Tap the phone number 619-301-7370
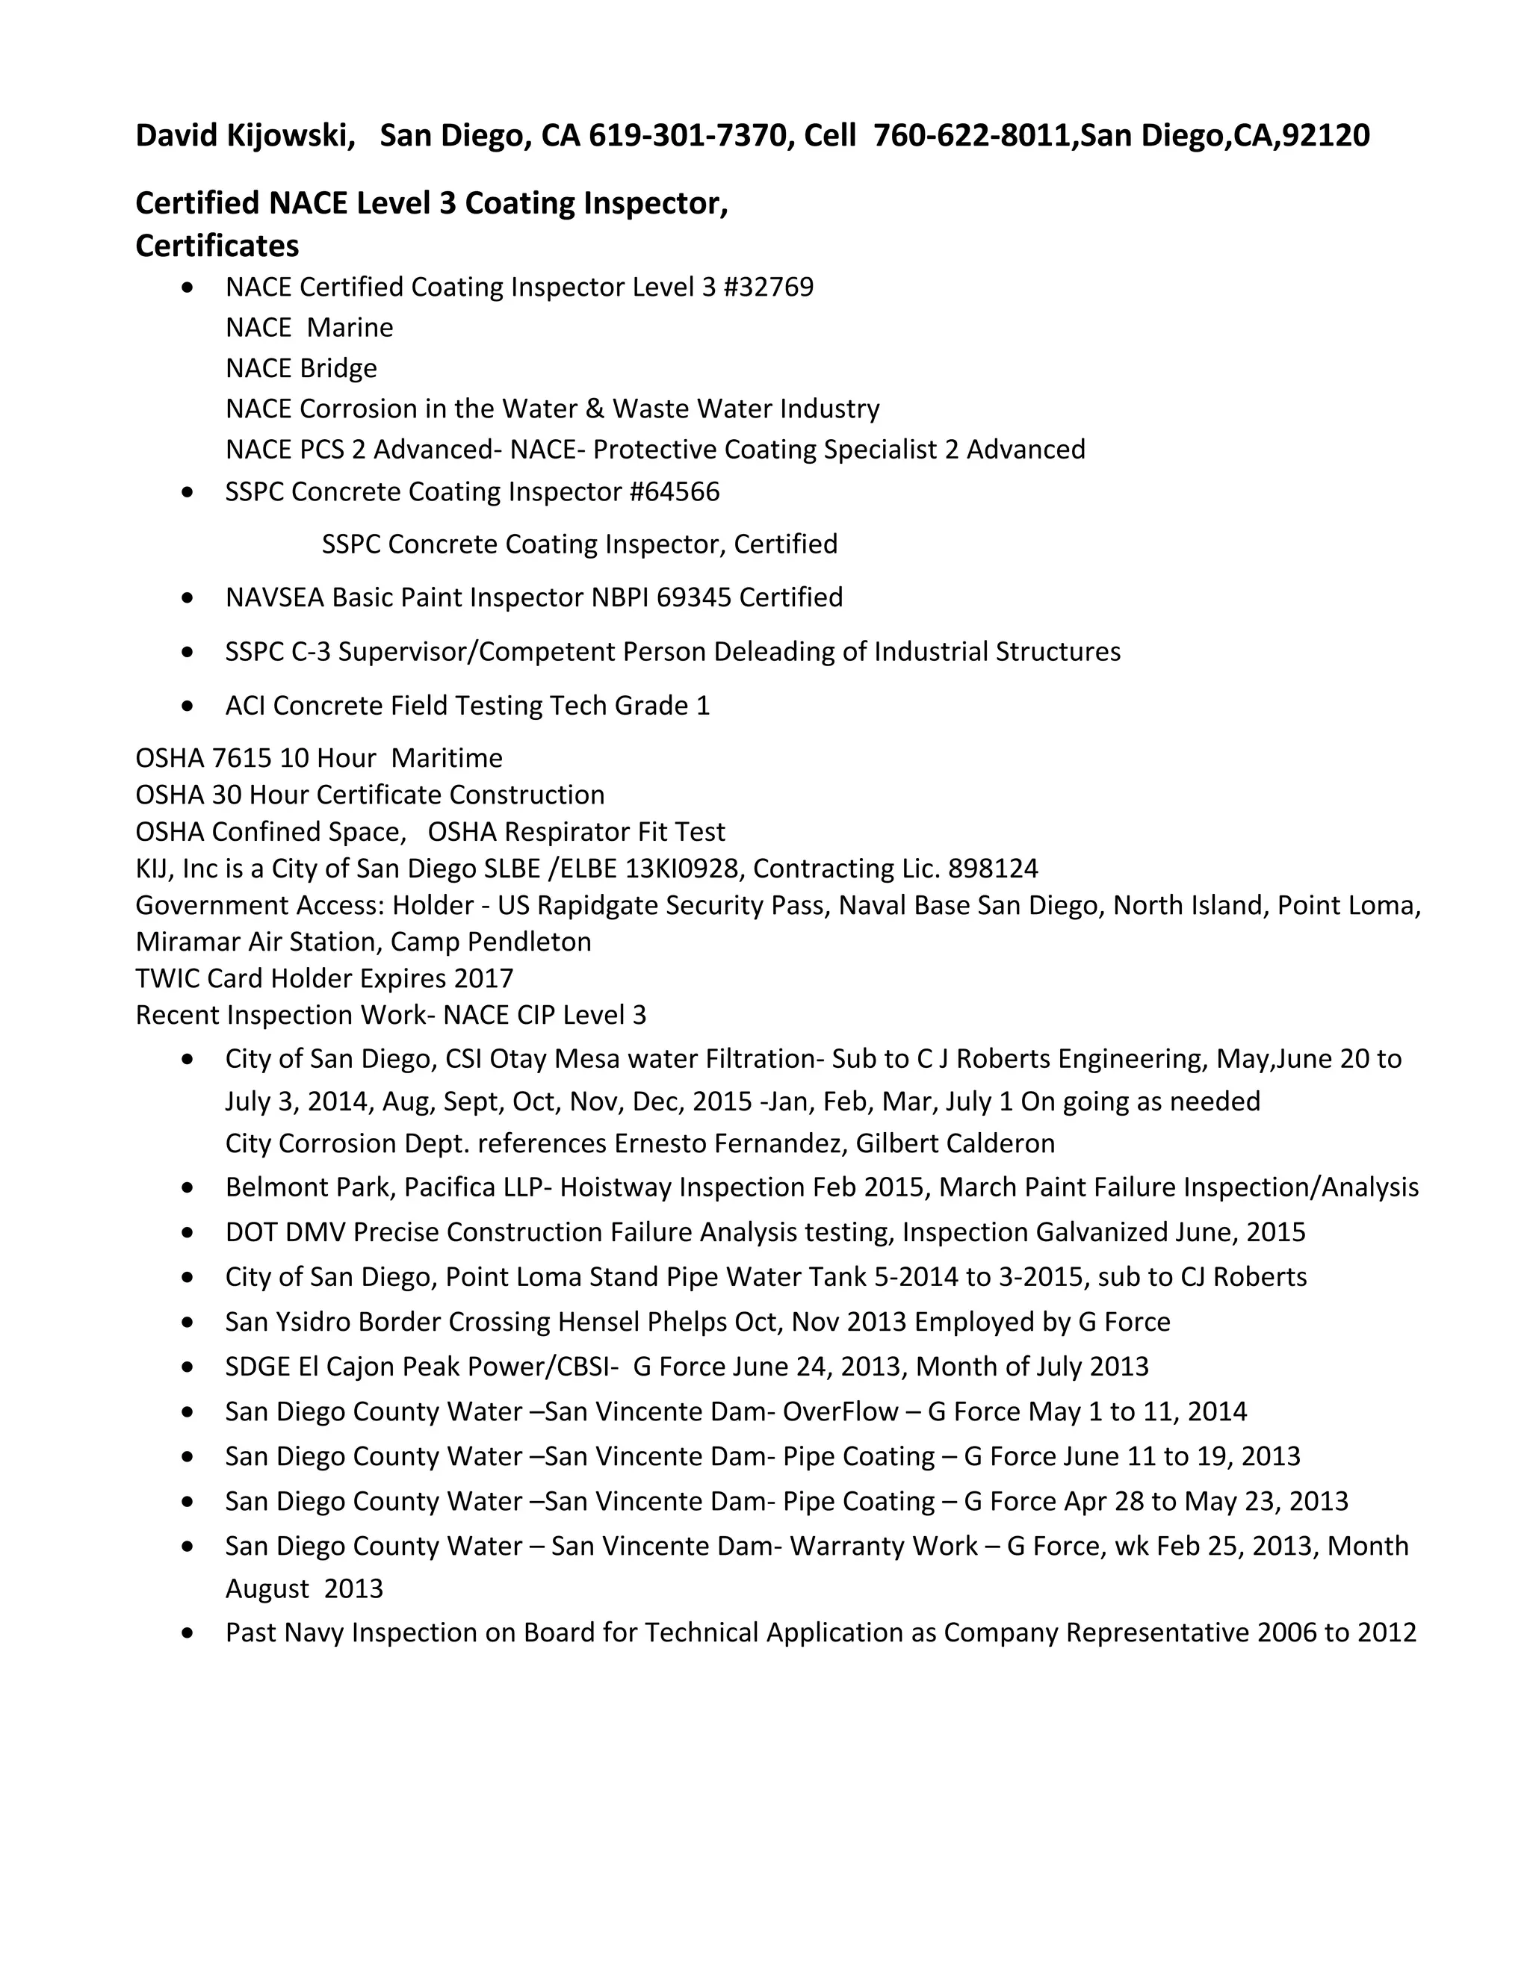point(687,136)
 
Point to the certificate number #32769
point(769,288)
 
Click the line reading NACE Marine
point(309,328)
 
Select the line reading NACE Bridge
point(301,369)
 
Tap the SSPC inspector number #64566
point(675,492)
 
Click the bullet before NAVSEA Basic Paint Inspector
point(188,598)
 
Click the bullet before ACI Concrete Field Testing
point(188,706)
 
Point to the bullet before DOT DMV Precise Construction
point(188,1233)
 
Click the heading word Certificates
point(217,246)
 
